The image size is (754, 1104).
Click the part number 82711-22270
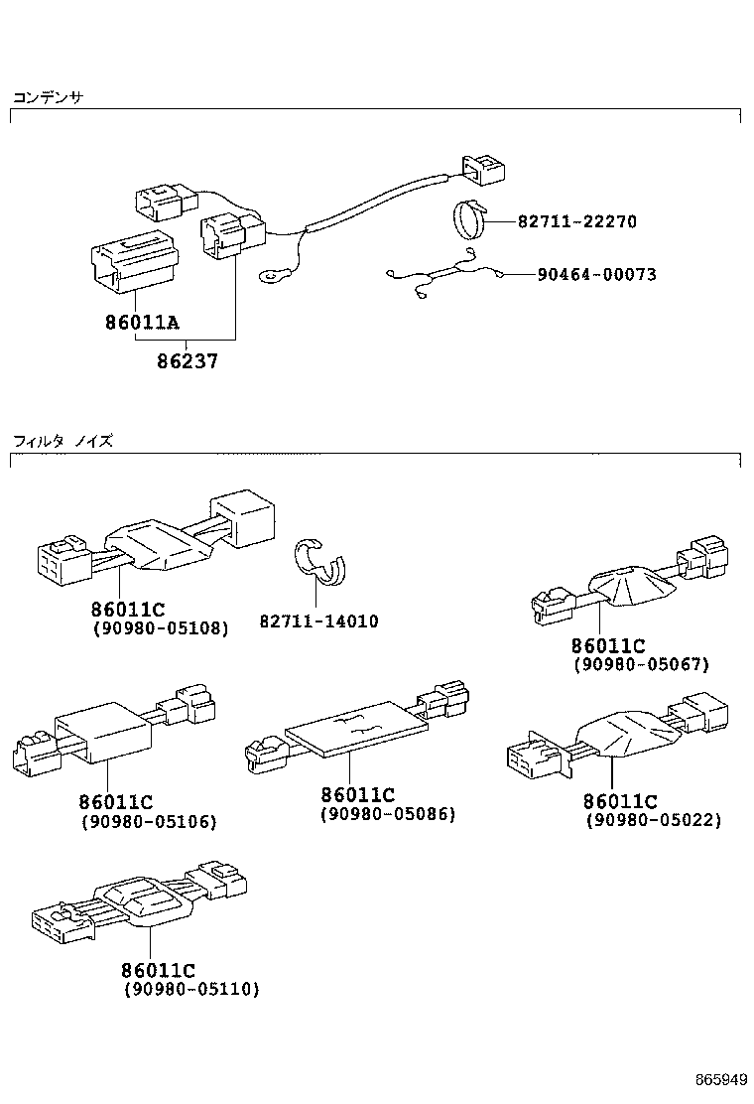pos(576,221)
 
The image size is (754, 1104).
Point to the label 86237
pos(187,362)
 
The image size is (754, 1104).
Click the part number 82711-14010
pos(318,621)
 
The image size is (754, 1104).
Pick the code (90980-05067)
pos(642,664)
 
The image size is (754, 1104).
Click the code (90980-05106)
pos(148,821)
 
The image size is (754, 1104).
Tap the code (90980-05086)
pos(387,813)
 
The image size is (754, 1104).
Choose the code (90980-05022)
pos(653,820)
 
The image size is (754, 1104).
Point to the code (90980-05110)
pos(190,989)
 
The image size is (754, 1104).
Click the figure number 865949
pos(719,1078)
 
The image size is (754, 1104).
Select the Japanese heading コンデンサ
pos(48,97)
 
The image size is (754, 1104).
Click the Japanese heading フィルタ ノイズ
pos(62,441)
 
